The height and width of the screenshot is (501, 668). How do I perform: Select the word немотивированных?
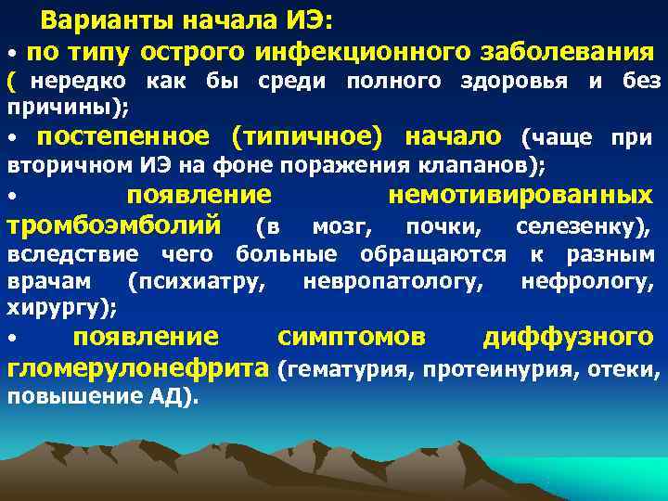pyautogui.click(x=520, y=196)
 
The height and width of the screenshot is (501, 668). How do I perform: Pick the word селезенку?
pyautogui.click(x=582, y=225)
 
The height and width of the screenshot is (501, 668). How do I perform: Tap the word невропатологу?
pyautogui.click(x=392, y=281)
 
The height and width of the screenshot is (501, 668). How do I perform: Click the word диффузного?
pyautogui.click(x=568, y=336)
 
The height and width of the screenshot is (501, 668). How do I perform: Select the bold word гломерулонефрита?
pyautogui.click(x=138, y=368)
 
